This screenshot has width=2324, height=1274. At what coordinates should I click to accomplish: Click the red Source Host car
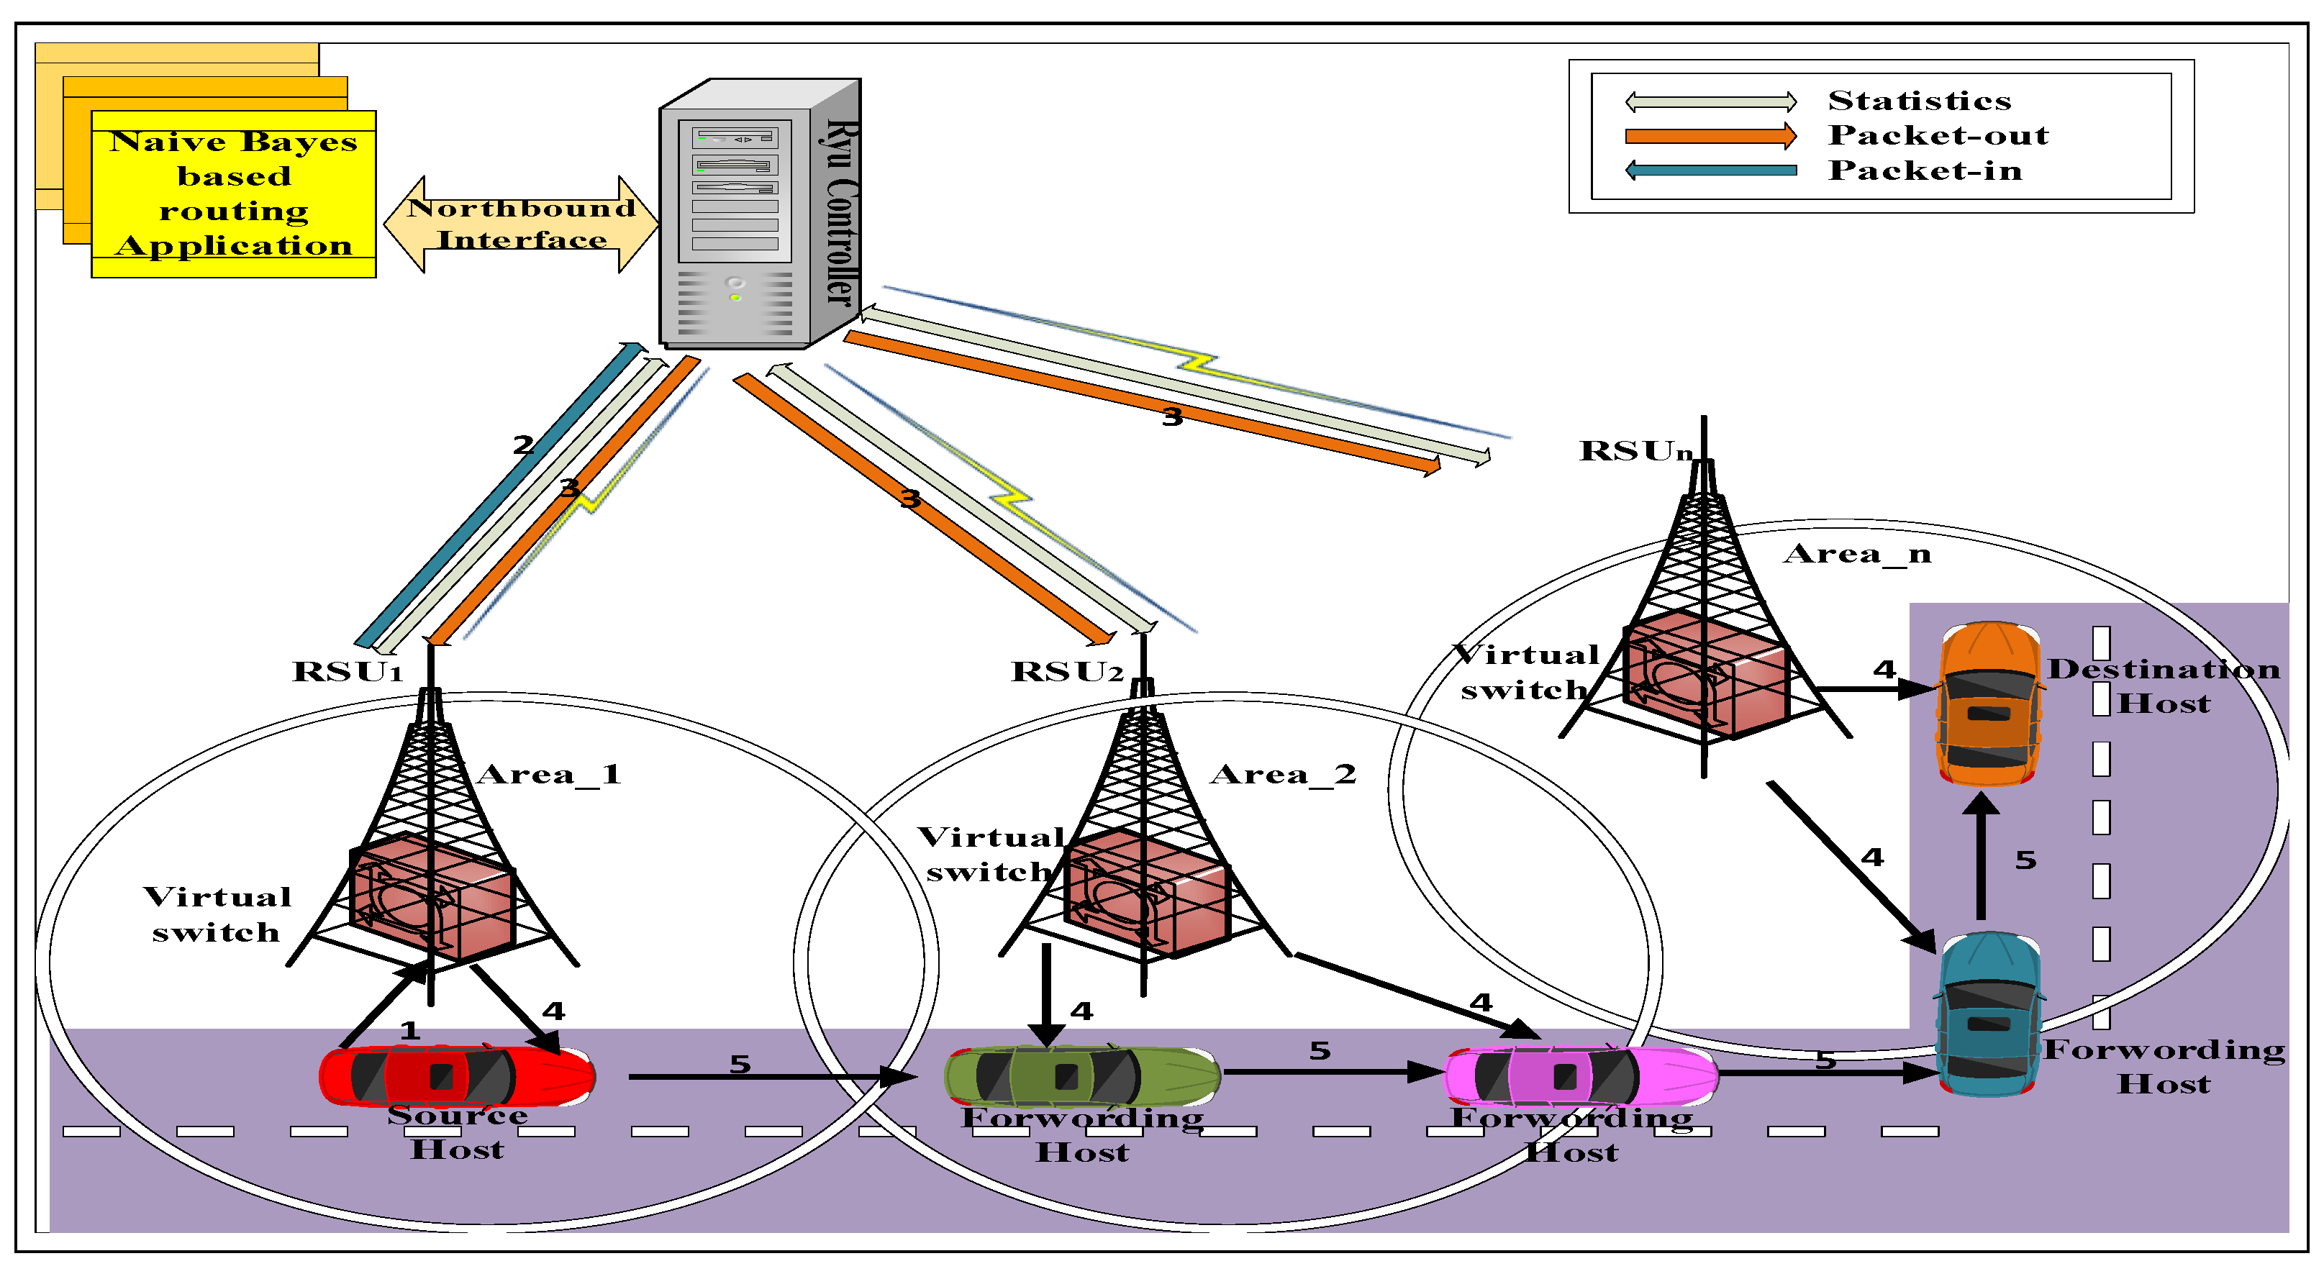pos(458,1075)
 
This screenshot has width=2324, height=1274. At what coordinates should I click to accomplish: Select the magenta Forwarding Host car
pos(1581,1075)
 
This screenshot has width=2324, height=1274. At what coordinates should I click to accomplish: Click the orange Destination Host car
pos(1989,704)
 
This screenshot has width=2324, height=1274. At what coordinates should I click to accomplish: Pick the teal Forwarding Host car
pos(1989,1015)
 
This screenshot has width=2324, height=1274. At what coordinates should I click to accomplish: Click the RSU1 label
pos(348,671)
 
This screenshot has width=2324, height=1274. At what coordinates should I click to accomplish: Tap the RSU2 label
pos(1067,671)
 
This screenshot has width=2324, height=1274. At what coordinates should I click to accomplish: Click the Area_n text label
pos(1856,553)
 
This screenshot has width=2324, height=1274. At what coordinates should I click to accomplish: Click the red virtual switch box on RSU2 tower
pos(1145,892)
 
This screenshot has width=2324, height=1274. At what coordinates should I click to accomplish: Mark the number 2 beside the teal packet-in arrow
pos(522,444)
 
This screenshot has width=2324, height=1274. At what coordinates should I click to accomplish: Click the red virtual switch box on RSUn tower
pos(1705,672)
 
